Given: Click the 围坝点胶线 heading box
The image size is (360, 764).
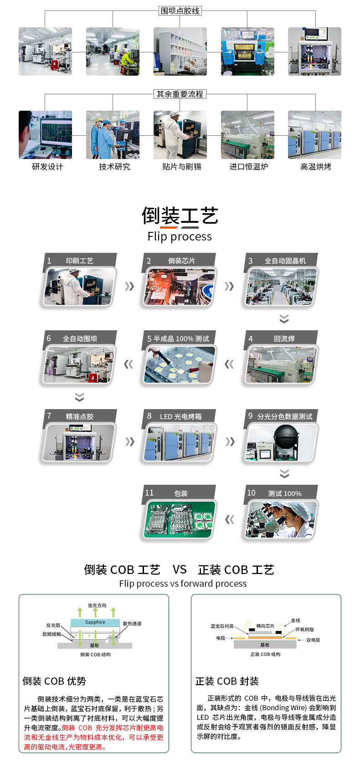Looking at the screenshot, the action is click(x=180, y=11).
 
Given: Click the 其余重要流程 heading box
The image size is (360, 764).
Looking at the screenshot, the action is click(x=180, y=94).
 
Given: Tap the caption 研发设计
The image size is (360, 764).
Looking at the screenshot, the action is click(x=47, y=167).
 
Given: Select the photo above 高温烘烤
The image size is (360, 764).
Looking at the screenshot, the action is click(x=314, y=135).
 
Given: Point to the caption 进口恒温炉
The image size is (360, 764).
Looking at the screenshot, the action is click(x=249, y=167).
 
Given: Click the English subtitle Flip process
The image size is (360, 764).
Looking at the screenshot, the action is click(x=180, y=236).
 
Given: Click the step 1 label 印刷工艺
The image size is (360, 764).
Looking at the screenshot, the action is click(x=79, y=261).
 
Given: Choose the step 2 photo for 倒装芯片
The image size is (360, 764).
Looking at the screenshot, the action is click(x=180, y=287).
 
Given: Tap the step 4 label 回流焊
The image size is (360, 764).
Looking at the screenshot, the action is click(x=284, y=338).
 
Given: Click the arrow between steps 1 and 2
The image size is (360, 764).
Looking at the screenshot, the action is click(x=129, y=286).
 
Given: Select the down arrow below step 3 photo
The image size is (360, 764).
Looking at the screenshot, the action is click(x=284, y=318).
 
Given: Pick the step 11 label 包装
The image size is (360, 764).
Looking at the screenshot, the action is click(x=181, y=493).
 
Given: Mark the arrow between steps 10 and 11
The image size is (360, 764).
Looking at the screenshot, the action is click(x=230, y=519).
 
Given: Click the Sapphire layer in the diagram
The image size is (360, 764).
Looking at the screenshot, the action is click(x=95, y=622).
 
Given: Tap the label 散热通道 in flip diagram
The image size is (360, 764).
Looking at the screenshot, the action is click(x=132, y=624).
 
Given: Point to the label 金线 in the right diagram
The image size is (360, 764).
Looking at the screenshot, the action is click(x=295, y=620).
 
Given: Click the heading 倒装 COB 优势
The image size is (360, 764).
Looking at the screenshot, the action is click(x=54, y=681).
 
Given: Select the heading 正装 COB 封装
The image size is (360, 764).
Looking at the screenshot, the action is click(x=227, y=681).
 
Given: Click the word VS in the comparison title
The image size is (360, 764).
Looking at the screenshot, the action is click(x=180, y=569).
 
